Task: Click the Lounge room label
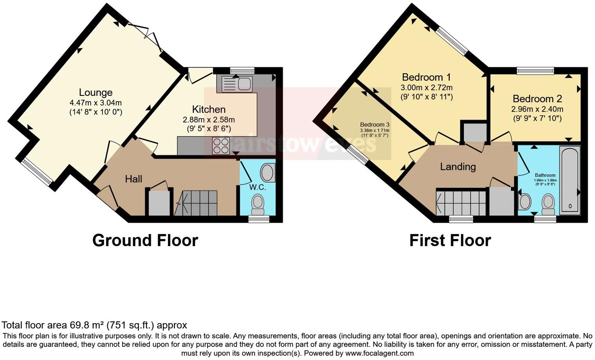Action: point(96,93)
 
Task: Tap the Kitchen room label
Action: point(209,110)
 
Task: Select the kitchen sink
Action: point(237,83)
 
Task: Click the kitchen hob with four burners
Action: point(221,146)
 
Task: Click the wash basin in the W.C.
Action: point(268,173)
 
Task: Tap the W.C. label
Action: point(258,187)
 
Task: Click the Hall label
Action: point(133,179)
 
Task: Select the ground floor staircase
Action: point(196,203)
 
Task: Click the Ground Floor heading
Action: point(145,240)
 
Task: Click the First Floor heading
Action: point(450,240)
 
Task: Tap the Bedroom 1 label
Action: point(426,77)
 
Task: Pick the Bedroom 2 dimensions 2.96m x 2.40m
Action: point(537,110)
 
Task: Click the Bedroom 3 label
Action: point(375,125)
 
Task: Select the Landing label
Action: point(458,167)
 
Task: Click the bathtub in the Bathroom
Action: point(570,180)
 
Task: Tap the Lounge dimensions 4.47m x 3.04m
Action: point(96,103)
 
